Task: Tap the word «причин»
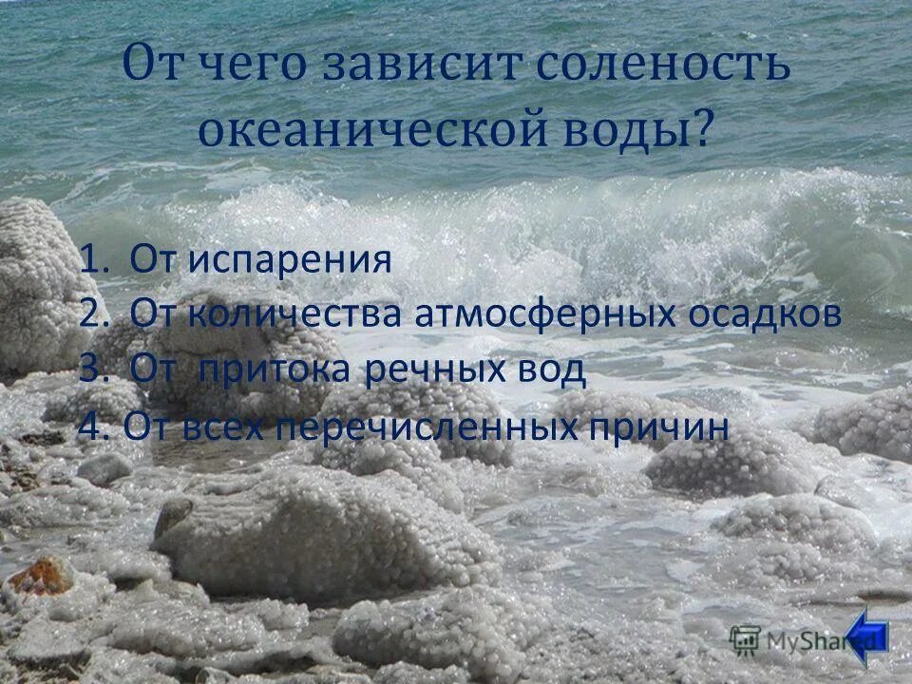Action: pos(659,427)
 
